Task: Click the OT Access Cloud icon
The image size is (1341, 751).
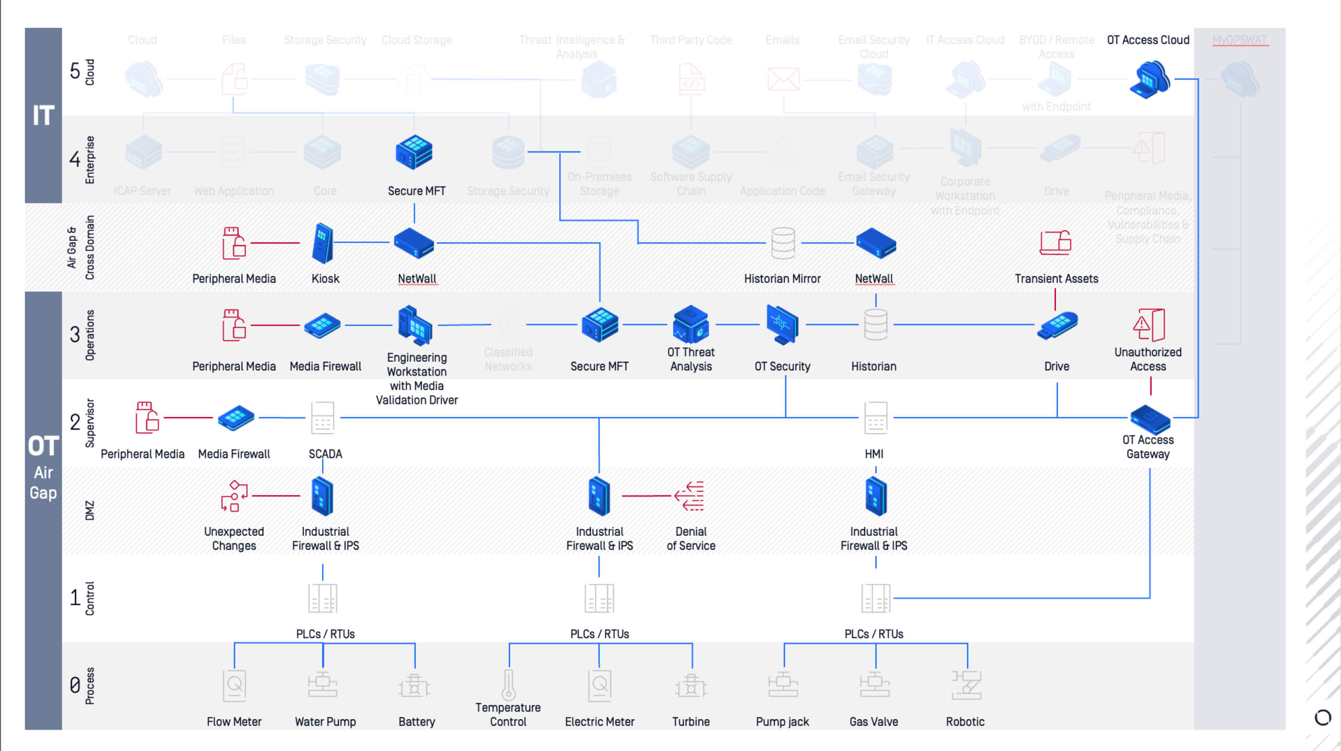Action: click(1149, 79)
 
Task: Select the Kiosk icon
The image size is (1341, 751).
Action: click(323, 244)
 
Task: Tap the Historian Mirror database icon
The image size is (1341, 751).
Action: click(783, 243)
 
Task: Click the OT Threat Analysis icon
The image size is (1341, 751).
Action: click(691, 324)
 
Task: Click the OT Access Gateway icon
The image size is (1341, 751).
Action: click(1150, 419)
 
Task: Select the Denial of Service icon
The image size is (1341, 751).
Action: click(690, 496)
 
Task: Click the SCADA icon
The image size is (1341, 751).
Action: click(323, 418)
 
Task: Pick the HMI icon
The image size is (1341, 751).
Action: click(876, 418)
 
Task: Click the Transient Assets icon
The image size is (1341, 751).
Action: click(1055, 243)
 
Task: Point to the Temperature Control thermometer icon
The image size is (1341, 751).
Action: click(509, 684)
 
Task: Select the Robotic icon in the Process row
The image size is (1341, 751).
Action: click(966, 685)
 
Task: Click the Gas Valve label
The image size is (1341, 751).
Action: click(874, 722)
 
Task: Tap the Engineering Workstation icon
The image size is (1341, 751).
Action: click(415, 325)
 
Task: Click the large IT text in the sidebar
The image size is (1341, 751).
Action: click(43, 115)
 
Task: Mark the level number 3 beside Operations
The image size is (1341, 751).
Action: click(75, 334)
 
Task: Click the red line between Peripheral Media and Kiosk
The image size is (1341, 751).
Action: click(275, 243)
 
